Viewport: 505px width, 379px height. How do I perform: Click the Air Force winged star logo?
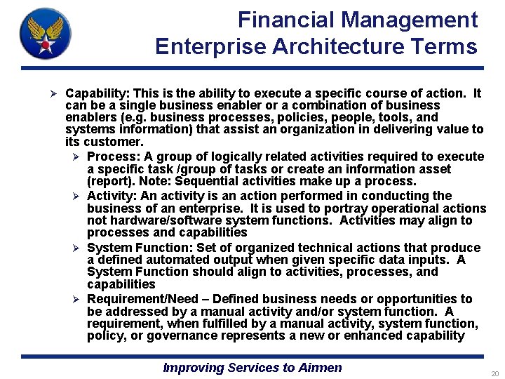[x=46, y=33]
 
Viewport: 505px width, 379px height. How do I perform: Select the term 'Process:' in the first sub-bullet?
[x=112, y=157]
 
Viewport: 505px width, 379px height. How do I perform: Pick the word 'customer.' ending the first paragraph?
[x=112, y=142]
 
